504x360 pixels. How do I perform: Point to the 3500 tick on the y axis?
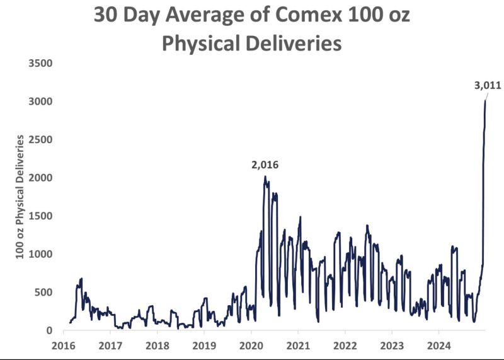(39, 63)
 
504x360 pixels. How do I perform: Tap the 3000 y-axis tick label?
(39, 102)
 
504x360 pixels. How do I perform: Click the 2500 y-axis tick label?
(39, 139)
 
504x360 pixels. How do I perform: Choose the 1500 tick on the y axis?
(39, 216)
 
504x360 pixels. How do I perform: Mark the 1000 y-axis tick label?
(39, 254)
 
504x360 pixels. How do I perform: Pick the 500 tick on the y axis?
(42, 293)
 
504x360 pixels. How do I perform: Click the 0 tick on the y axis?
(48, 330)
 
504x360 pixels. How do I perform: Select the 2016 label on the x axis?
(64, 345)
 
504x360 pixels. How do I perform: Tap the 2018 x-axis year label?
(157, 345)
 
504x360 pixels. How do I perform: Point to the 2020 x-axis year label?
(251, 345)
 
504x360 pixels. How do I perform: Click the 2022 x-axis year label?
(345, 345)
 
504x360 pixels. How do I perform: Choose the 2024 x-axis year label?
(438, 345)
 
